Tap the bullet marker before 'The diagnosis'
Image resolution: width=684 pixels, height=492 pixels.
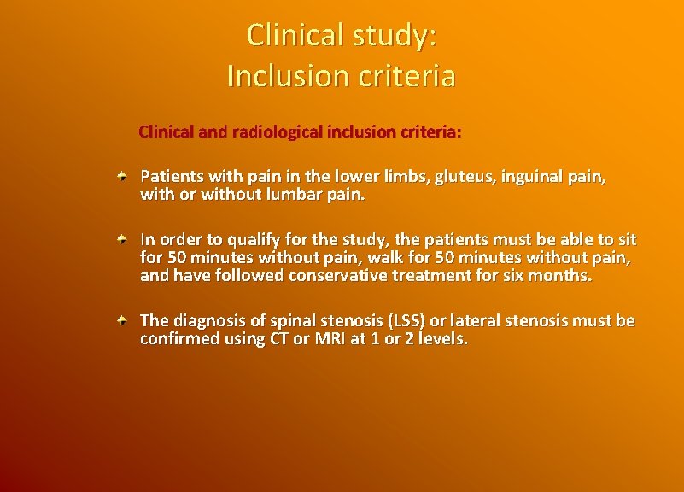coord(123,320)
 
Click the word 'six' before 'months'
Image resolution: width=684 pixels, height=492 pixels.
coord(512,275)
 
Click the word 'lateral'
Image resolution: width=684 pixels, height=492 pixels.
coord(488,320)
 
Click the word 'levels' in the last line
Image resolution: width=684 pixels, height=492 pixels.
coord(444,338)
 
